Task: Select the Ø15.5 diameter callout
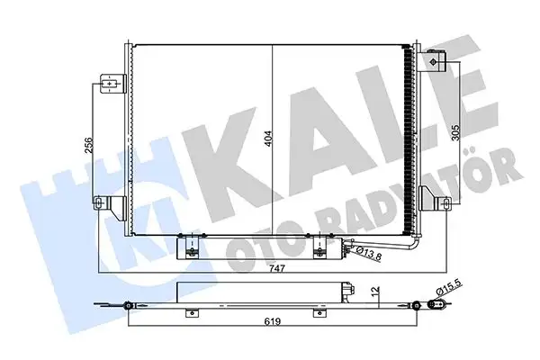click(x=449, y=290)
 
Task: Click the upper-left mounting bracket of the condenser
click(x=110, y=85)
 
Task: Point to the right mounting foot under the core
click(x=320, y=248)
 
